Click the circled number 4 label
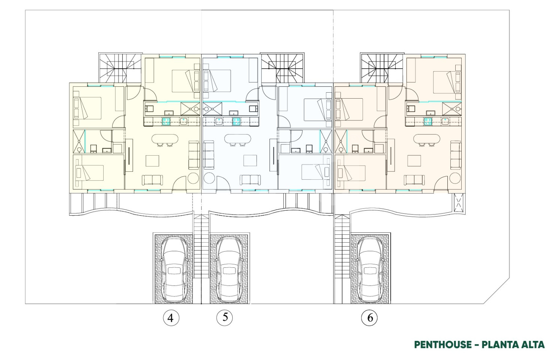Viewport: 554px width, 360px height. tap(171, 318)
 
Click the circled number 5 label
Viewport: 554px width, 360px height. tap(224, 317)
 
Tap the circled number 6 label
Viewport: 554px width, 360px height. tap(369, 318)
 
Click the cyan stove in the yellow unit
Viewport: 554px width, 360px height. tap(166, 121)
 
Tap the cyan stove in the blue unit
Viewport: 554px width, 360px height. tap(236, 121)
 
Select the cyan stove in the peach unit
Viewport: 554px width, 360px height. tap(428, 121)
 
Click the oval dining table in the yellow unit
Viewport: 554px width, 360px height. tap(165, 139)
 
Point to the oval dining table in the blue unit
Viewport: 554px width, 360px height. tap(238, 139)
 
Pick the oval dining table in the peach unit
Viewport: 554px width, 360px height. tap(427, 139)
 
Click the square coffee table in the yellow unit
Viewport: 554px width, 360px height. tap(152, 160)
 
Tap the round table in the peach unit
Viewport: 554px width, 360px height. tap(455, 178)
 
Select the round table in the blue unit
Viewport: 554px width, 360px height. tap(209, 178)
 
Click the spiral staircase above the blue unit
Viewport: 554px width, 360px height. tap(282, 68)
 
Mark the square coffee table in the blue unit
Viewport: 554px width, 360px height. tap(250, 160)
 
